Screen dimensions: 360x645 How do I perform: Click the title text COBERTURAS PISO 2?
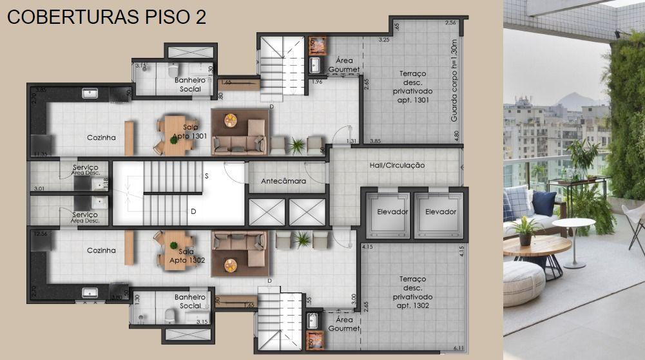106,17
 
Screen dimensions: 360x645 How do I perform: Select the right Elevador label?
441,212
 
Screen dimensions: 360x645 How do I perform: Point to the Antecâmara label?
284,182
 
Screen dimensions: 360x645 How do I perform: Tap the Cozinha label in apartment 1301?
101,138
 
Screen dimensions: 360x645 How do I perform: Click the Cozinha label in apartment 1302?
101,251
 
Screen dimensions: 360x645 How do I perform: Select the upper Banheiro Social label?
190,84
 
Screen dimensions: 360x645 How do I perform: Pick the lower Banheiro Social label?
190,301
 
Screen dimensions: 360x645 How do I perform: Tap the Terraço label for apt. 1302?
412,292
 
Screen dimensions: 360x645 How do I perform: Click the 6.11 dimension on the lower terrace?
458,348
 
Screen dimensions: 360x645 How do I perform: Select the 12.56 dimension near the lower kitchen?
41,234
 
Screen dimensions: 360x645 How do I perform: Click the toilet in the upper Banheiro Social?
171,70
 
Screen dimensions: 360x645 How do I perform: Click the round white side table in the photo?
573,225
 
